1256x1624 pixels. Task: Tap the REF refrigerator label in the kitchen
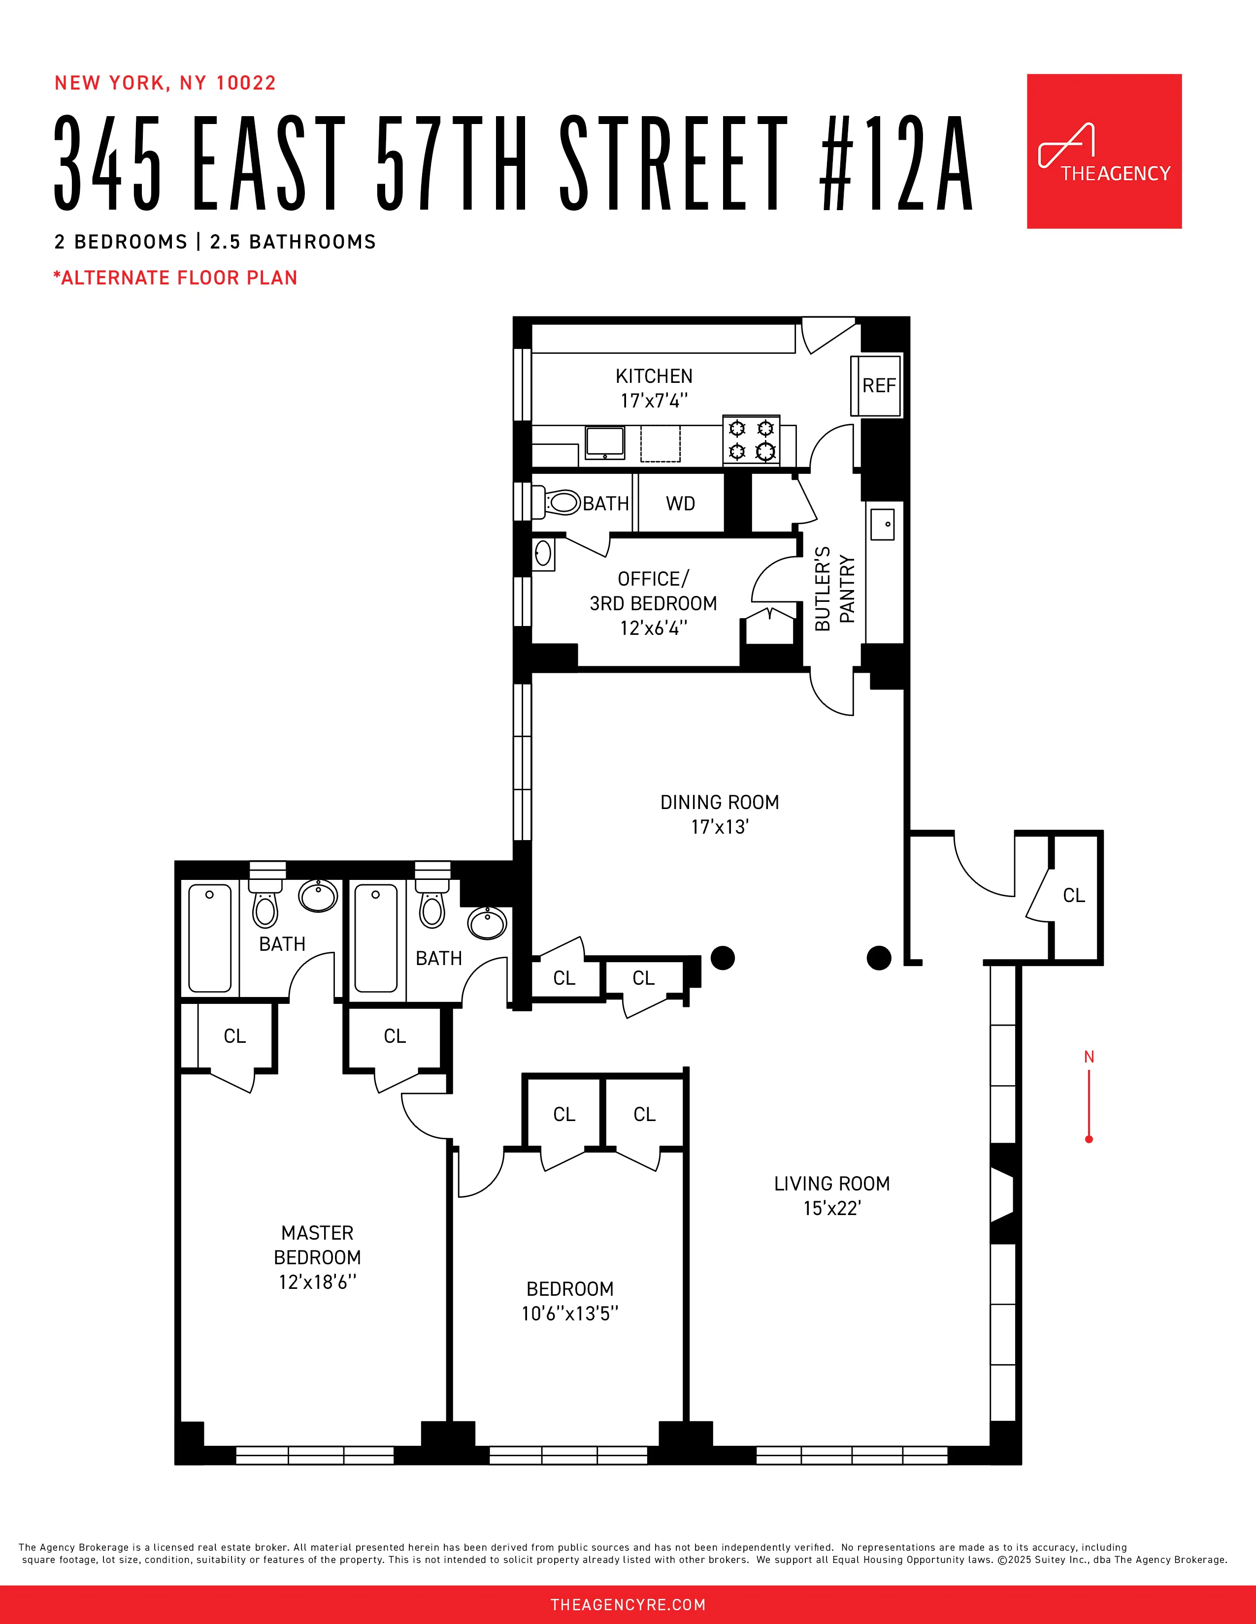879,385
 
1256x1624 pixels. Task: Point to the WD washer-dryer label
680,503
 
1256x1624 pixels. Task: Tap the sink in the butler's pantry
883,524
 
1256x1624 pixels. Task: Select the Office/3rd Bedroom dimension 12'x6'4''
653,628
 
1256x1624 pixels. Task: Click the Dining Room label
720,802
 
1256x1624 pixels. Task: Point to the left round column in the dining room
723,958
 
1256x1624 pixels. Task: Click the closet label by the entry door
1074,895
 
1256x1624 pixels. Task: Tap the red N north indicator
1089,1057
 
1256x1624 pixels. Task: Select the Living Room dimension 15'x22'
832,1208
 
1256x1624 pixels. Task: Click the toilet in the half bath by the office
562,502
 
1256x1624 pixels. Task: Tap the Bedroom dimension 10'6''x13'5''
570,1314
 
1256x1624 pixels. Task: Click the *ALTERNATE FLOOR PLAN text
176,278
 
